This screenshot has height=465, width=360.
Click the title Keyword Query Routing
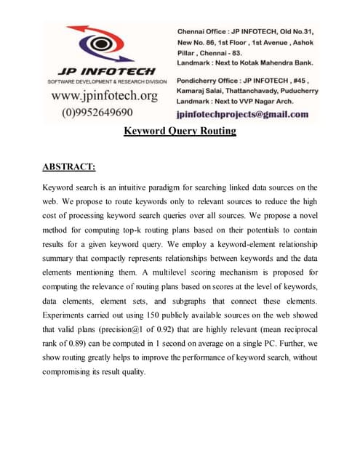point(180,131)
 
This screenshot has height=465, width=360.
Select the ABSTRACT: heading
point(69,167)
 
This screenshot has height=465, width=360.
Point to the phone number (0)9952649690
point(97,112)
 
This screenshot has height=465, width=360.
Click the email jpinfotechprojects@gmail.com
point(242,114)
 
